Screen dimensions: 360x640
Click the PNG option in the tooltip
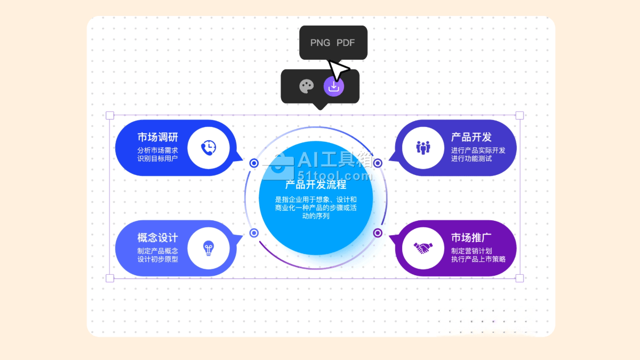[320, 43]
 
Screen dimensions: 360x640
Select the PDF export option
[346, 43]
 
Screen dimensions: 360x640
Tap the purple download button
[334, 86]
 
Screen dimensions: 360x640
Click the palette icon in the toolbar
[306, 86]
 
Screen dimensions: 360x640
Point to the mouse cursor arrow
[337, 70]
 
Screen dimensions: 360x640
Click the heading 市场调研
[157, 138]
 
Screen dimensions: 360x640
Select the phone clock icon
[209, 148]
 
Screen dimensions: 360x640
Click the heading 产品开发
[471, 138]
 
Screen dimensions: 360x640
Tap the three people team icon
[423, 148]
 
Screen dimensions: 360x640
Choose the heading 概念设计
[157, 238]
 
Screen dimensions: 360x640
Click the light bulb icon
[208, 248]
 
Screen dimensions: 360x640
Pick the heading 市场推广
[471, 238]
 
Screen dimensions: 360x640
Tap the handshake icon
[423, 248]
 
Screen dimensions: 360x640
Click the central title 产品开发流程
[316, 185]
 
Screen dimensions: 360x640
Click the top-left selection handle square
[110, 115]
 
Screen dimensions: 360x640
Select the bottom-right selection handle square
[519, 278]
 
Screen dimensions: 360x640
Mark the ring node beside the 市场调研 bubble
[254, 163]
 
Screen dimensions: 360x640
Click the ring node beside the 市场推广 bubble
[378, 233]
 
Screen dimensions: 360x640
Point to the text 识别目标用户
[157, 158]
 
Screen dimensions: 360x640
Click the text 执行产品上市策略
[478, 259]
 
